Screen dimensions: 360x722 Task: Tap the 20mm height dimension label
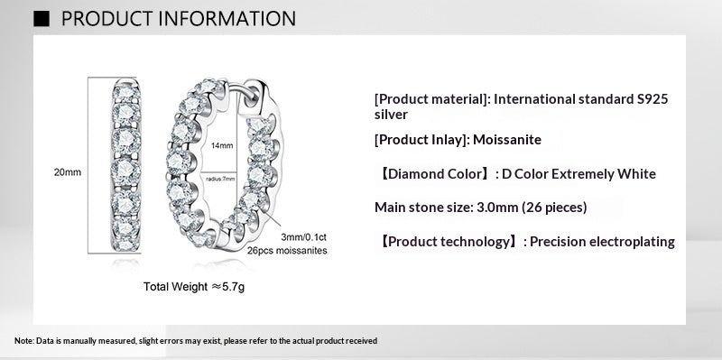click(x=68, y=172)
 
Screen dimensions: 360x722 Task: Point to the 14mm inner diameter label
click(x=222, y=145)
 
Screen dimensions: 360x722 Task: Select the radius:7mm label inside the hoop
click(x=221, y=180)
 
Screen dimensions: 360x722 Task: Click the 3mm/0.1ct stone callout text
click(x=304, y=236)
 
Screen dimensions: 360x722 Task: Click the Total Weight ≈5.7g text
click(x=193, y=287)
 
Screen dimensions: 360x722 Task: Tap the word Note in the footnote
click(x=23, y=340)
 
